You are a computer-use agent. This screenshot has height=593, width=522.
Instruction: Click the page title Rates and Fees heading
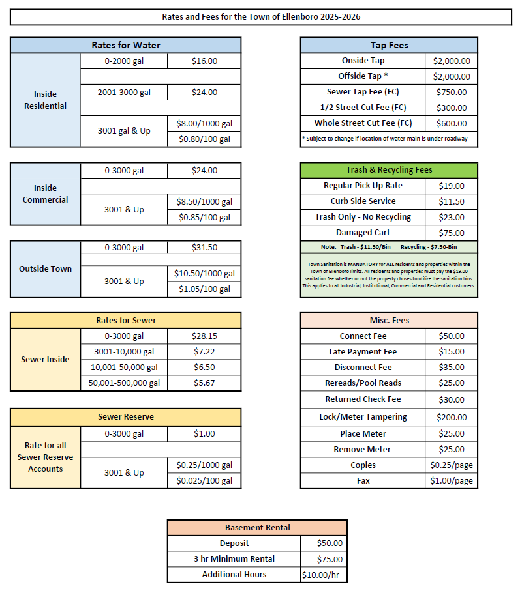tap(261, 16)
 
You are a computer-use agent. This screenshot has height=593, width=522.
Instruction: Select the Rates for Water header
tap(125, 45)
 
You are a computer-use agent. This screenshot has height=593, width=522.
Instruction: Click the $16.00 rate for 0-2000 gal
tap(204, 61)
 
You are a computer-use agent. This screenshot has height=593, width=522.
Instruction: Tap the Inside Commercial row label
tap(45, 194)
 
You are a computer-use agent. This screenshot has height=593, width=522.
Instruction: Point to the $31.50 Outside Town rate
tap(204, 248)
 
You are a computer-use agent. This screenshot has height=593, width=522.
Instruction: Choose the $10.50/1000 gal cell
tap(204, 274)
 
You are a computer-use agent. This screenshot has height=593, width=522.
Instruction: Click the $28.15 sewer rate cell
tap(204, 336)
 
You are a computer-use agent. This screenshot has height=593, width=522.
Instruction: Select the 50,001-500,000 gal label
tap(124, 383)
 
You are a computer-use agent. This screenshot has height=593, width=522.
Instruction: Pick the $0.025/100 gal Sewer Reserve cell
tap(204, 481)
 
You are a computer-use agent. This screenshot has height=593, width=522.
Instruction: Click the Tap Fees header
tap(389, 45)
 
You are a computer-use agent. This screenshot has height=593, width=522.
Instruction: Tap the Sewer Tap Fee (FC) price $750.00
tap(451, 93)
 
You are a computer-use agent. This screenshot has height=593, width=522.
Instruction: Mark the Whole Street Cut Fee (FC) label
tap(363, 123)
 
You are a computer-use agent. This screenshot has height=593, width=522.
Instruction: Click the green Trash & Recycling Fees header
tap(389, 170)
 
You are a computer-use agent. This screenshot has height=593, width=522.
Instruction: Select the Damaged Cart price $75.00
tap(451, 233)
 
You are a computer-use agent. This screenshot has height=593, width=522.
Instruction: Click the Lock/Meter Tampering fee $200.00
tap(451, 417)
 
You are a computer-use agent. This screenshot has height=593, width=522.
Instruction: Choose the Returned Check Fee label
tap(363, 399)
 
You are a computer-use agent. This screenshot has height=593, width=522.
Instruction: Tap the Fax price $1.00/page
tap(451, 481)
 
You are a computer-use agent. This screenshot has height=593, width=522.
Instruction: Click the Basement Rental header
tap(257, 527)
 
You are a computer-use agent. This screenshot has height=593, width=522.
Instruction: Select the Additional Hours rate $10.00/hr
tap(322, 575)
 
